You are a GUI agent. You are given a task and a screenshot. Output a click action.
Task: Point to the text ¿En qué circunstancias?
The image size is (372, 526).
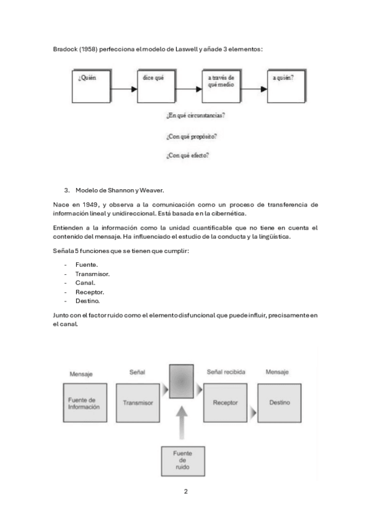[x=195, y=115]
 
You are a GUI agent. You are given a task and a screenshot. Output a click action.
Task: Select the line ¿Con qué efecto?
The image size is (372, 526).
[x=188, y=156]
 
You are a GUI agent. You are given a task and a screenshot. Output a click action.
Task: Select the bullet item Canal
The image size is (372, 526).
[x=86, y=283]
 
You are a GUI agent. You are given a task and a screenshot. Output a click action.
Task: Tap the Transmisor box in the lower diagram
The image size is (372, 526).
[x=138, y=403]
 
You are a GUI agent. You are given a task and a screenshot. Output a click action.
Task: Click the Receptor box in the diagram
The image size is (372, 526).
[x=225, y=403]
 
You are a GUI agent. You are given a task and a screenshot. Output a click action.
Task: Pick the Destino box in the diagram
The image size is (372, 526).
[x=279, y=403]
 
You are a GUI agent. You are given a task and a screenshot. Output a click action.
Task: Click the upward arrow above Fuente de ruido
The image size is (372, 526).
[x=182, y=425]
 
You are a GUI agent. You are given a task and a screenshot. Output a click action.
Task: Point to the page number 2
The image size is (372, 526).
[x=185, y=491]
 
